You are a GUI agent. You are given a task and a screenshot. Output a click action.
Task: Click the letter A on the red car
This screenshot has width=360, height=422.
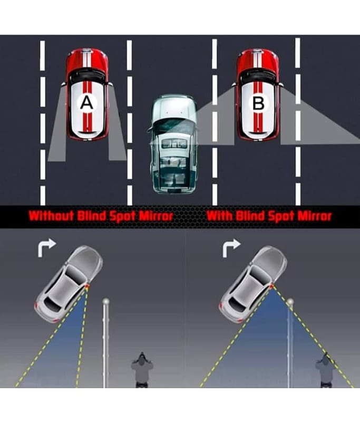86,104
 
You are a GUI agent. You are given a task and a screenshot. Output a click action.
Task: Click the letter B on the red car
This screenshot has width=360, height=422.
258,104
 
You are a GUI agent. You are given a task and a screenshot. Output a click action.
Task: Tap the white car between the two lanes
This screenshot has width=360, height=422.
172,142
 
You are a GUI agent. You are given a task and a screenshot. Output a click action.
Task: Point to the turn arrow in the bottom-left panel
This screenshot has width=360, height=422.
47,247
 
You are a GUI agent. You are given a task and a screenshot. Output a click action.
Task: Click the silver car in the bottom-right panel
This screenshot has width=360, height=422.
252,285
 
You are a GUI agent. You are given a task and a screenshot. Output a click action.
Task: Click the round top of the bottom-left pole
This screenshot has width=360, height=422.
106,302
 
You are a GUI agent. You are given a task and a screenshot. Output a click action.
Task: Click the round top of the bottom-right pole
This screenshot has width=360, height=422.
289,302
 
